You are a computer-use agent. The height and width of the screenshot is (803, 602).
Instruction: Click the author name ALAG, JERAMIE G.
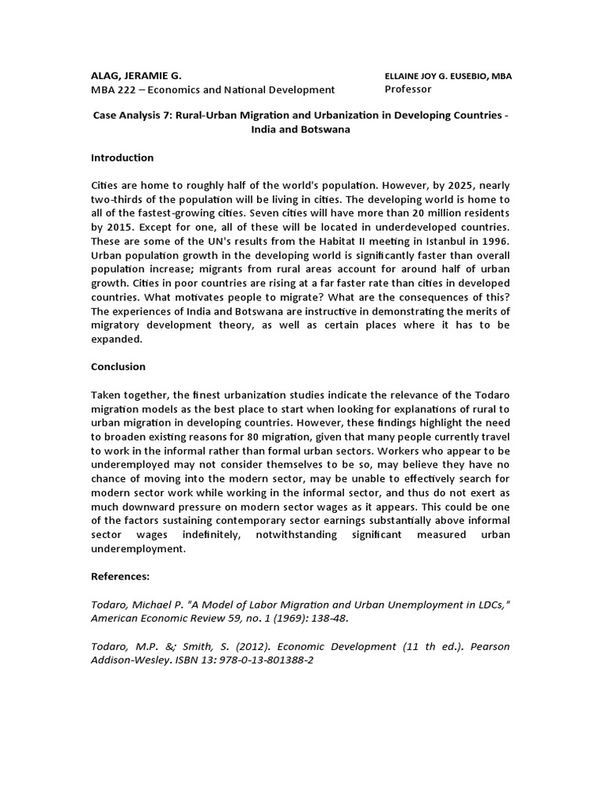[x=136, y=76]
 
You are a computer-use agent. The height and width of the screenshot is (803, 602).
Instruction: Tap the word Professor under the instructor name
[x=408, y=89]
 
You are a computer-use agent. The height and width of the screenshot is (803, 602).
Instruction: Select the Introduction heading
[x=122, y=158]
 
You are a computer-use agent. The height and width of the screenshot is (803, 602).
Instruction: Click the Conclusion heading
[x=118, y=366]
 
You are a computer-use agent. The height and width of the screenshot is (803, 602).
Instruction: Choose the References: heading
[x=120, y=575]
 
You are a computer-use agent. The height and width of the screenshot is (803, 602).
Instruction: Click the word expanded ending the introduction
[x=117, y=339]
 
